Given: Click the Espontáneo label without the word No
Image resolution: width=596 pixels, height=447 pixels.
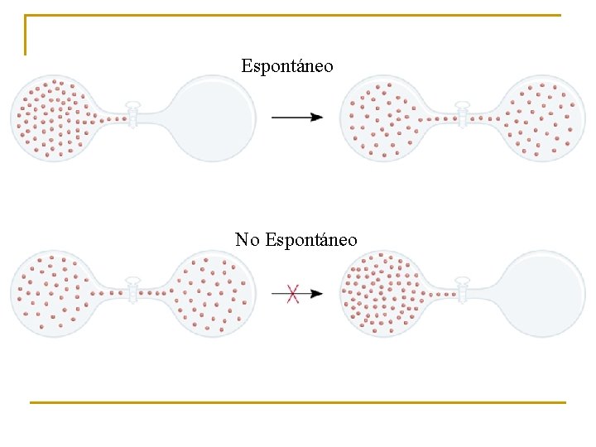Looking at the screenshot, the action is tap(287, 65).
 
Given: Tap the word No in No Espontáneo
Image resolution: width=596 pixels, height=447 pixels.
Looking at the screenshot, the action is tap(247, 240).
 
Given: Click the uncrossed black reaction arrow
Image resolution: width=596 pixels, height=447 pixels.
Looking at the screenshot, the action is tap(297, 118).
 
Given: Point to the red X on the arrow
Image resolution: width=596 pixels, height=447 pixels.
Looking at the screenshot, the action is tap(292, 293).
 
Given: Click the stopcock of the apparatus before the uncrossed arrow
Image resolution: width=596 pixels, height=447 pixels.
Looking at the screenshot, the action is tap(132, 117).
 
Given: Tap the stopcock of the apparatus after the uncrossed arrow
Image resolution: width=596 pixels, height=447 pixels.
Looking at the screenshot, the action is tap(463, 117).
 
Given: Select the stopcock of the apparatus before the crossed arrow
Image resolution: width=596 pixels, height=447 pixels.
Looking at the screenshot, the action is tap(132, 291).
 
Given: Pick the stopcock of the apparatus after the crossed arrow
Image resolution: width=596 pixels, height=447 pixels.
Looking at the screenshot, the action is tap(463, 292).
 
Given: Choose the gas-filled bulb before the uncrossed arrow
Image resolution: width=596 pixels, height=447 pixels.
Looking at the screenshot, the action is tap(51, 118).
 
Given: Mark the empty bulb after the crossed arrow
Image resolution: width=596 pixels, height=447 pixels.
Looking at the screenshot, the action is tap(544, 293).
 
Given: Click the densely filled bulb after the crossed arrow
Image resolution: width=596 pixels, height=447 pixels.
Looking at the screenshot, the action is tap(382, 294).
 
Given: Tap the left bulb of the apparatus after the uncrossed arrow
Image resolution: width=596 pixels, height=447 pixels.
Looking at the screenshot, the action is tap(382, 118).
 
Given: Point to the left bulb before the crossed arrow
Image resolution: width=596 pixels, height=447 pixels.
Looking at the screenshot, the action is tap(51, 293).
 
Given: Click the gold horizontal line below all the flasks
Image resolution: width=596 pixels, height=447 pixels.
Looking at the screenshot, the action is tap(297, 402).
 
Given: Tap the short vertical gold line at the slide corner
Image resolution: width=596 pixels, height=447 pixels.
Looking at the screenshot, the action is tap(25, 35).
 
